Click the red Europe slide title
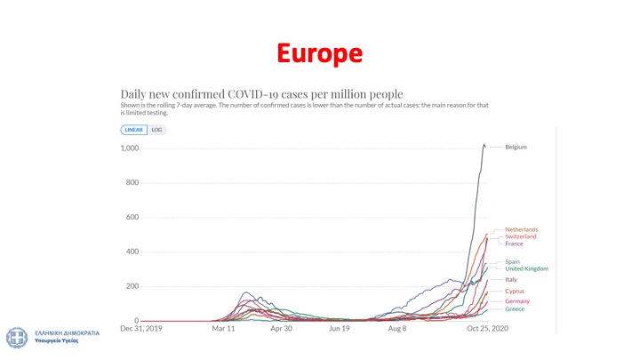319,53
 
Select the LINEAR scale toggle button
132,130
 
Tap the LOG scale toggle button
156,130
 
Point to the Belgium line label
516,147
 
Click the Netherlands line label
521,229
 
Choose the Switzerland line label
521,236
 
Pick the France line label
514,244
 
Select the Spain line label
513,261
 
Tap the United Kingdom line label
526,268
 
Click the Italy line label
511,280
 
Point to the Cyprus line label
515,291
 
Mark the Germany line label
517,301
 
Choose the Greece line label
515,308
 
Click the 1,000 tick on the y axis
130,148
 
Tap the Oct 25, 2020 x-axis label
488,328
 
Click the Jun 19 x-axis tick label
340,328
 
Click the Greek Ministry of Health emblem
15,337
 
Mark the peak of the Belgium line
484,144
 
